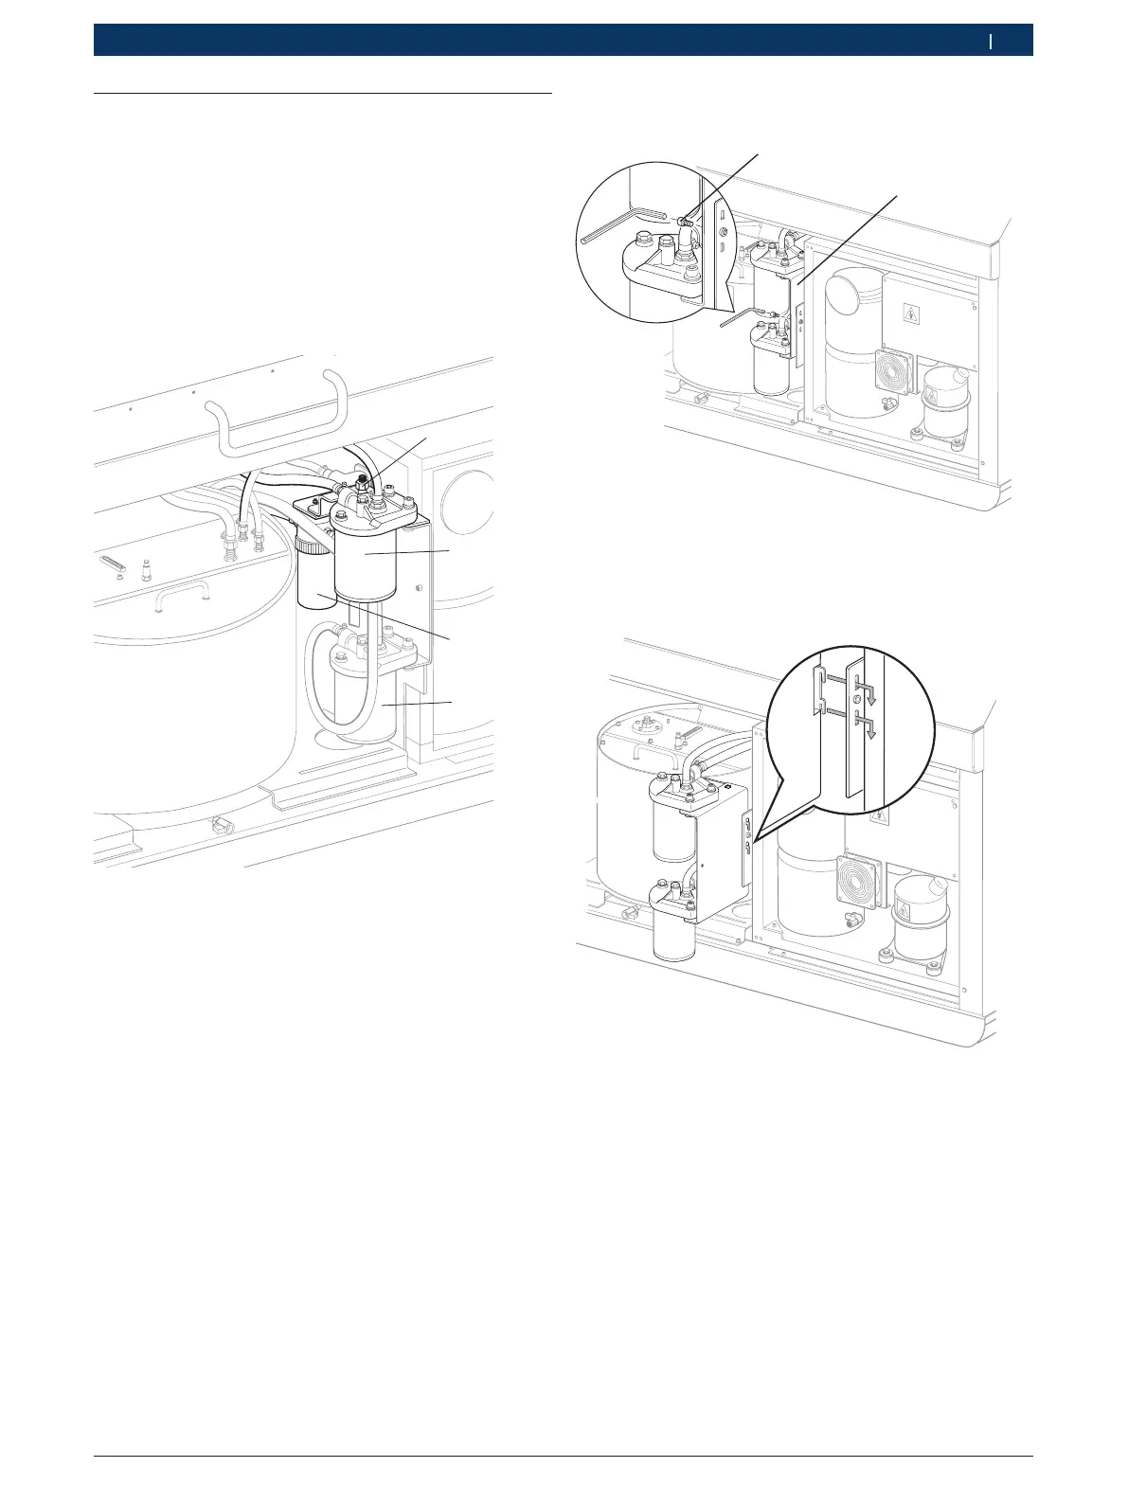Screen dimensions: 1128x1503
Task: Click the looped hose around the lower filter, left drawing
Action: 311,677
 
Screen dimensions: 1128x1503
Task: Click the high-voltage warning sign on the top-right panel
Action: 911,315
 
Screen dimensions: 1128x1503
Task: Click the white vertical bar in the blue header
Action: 991,42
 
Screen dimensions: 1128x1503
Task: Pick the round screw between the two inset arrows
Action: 856,699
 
